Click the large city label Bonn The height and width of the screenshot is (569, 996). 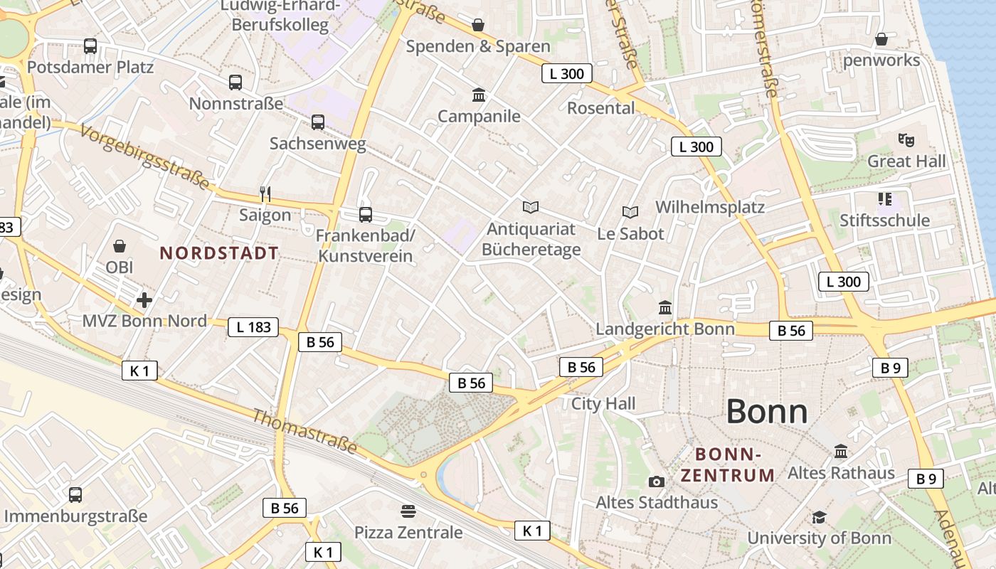point(767,412)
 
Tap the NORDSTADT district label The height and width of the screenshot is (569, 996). point(219,253)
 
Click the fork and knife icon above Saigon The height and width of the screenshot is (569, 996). point(265,193)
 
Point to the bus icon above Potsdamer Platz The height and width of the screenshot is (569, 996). point(90,46)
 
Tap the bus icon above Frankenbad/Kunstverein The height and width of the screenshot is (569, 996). point(366,214)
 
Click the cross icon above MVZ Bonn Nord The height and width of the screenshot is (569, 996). point(144,300)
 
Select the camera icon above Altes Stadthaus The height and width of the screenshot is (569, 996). point(656,482)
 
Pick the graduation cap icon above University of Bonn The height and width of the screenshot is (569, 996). point(819,517)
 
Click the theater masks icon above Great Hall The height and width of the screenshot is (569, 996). point(906,139)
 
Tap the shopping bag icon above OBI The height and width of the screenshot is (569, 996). point(120,246)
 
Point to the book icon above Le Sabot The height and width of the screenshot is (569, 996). point(630,212)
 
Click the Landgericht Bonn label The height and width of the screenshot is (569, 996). point(664,329)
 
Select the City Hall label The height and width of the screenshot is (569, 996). point(603,404)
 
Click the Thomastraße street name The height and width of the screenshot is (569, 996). point(304,431)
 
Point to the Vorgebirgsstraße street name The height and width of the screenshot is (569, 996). point(145,157)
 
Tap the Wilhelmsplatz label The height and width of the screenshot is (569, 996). point(709,207)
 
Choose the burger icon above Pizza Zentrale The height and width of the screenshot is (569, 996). point(408,511)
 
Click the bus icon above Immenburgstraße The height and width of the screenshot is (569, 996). point(75,494)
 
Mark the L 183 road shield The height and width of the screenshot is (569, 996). point(253,327)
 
